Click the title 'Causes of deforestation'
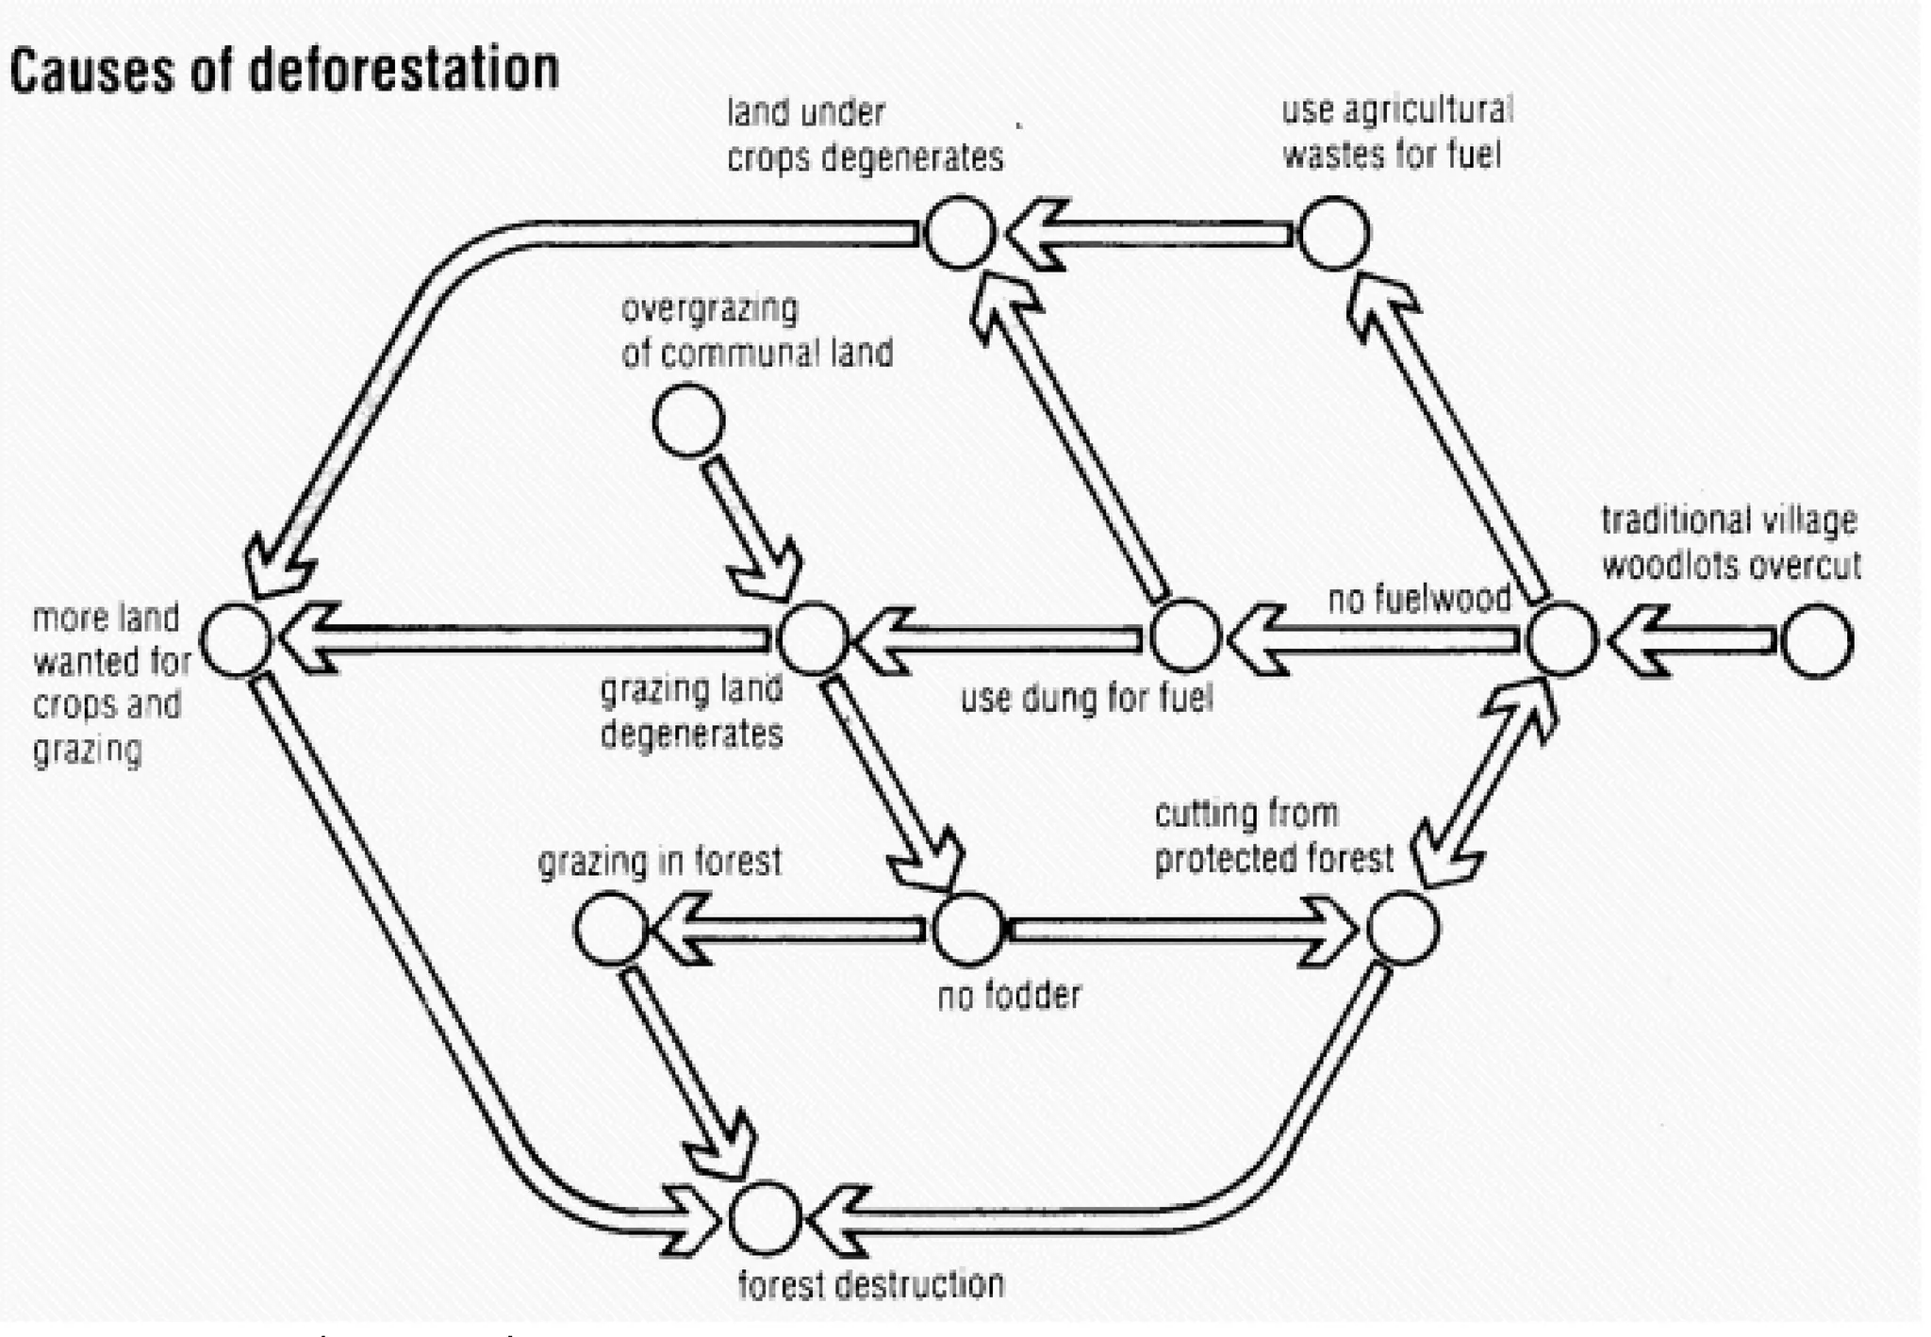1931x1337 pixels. pyautogui.click(x=284, y=71)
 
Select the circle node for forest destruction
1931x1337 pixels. pyautogui.click(x=765, y=1217)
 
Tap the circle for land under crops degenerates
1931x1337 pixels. pyautogui.click(x=959, y=232)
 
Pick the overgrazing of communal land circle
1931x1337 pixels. pyautogui.click(x=688, y=421)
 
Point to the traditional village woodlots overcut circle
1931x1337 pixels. pyautogui.click(x=1816, y=641)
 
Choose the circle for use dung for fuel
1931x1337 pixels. pyautogui.click(x=1184, y=637)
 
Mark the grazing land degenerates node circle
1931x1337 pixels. pyautogui.click(x=812, y=638)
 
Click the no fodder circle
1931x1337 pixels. pyautogui.click(x=967, y=930)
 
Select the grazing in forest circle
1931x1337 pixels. pyautogui.click(x=610, y=929)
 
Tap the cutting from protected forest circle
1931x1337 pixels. pyautogui.click(x=1403, y=929)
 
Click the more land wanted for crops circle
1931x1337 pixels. pyautogui.click(x=237, y=639)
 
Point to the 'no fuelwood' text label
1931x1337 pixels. pyautogui.click(x=1419, y=598)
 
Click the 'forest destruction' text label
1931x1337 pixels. pyautogui.click(x=870, y=1283)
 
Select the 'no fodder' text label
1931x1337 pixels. pyautogui.click(x=1009, y=995)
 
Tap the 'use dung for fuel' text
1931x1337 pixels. pyautogui.click(x=1086, y=699)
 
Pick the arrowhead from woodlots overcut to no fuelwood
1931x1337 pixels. pyautogui.click(x=1640, y=641)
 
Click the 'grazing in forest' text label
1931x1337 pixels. pyautogui.click(x=659, y=861)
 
